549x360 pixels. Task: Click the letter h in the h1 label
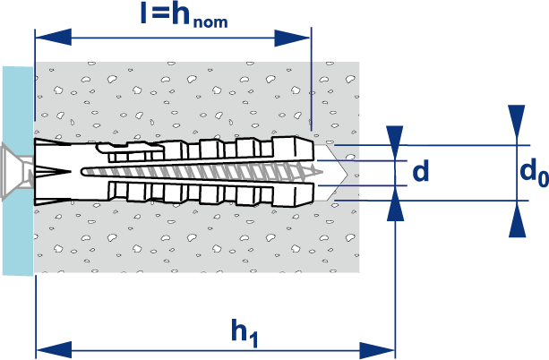tap(239, 330)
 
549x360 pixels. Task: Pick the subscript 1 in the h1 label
tap(254, 339)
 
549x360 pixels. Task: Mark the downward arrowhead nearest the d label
tap(394, 138)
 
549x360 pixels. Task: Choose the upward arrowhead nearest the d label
tap(394, 205)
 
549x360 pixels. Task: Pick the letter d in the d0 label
tap(526, 171)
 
